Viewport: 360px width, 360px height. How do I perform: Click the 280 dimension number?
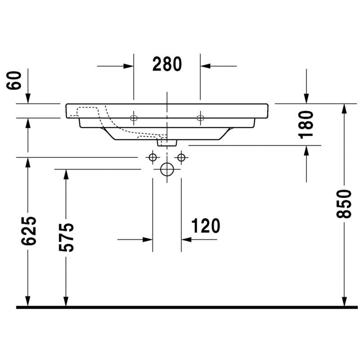click(167, 64)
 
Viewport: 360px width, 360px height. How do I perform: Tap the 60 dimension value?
click(14, 81)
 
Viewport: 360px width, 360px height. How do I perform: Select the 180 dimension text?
click(306, 125)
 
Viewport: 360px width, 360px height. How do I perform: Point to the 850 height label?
click(344, 204)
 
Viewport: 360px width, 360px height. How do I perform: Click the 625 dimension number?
click(28, 231)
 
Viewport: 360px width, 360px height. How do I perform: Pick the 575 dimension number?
click(66, 237)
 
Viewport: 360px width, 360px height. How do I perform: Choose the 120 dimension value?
click(206, 226)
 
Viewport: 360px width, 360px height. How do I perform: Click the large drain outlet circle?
click(167, 169)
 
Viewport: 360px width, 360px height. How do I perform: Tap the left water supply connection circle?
click(153, 157)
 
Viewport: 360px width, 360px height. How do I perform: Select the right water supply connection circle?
click(181, 157)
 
